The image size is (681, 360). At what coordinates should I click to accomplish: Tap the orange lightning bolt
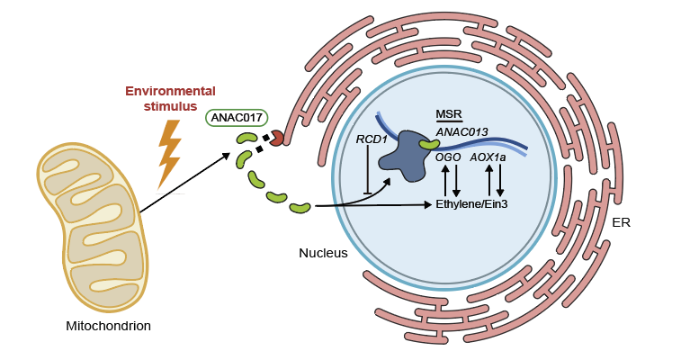tap(168, 153)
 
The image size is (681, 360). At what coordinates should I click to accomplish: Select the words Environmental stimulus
tap(170, 99)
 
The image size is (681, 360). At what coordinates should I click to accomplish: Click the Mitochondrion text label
tap(108, 326)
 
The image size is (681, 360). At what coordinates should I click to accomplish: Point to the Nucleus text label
tap(323, 253)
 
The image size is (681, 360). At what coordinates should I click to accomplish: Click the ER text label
tap(620, 222)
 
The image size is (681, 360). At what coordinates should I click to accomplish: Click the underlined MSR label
tap(448, 114)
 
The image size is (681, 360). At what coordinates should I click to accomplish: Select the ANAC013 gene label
tap(461, 131)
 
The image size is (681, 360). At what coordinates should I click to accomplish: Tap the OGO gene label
tap(448, 157)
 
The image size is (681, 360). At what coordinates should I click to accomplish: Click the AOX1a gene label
tap(488, 157)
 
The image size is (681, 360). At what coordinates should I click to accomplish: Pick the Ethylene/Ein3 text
tap(471, 204)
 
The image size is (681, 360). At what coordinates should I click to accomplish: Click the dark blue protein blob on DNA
tap(405, 153)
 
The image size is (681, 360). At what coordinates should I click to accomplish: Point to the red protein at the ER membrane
tap(276, 137)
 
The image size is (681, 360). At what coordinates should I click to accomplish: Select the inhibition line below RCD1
tap(368, 171)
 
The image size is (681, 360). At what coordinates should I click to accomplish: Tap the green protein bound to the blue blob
tap(428, 143)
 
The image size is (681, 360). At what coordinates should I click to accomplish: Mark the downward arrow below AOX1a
tap(500, 180)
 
